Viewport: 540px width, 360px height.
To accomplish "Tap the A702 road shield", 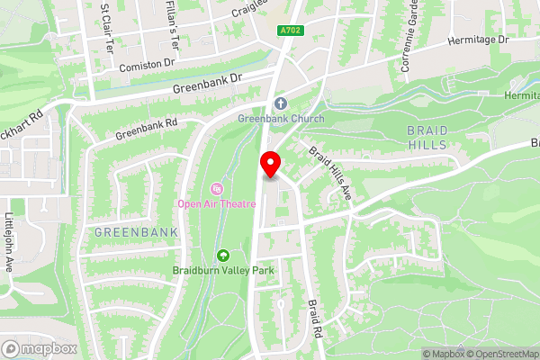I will coord(289,31).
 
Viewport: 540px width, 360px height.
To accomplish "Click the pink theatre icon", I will coord(216,188).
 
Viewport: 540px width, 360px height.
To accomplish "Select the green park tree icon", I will coord(222,256).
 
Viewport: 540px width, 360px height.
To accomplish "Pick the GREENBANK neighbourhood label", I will coord(136,232).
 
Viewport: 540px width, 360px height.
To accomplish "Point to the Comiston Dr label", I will coord(146,65).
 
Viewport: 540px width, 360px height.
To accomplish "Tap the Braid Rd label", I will coord(315,318).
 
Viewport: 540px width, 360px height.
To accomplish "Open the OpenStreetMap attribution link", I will coord(502,354).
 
